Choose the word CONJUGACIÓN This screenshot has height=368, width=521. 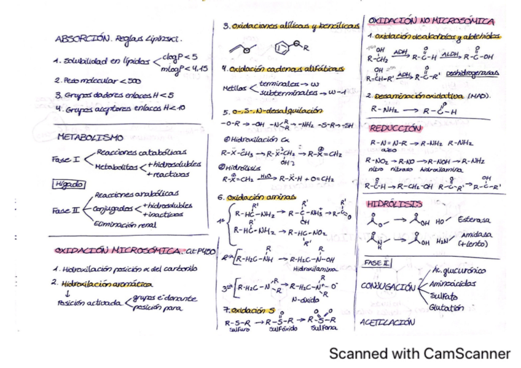pos(388,286)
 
